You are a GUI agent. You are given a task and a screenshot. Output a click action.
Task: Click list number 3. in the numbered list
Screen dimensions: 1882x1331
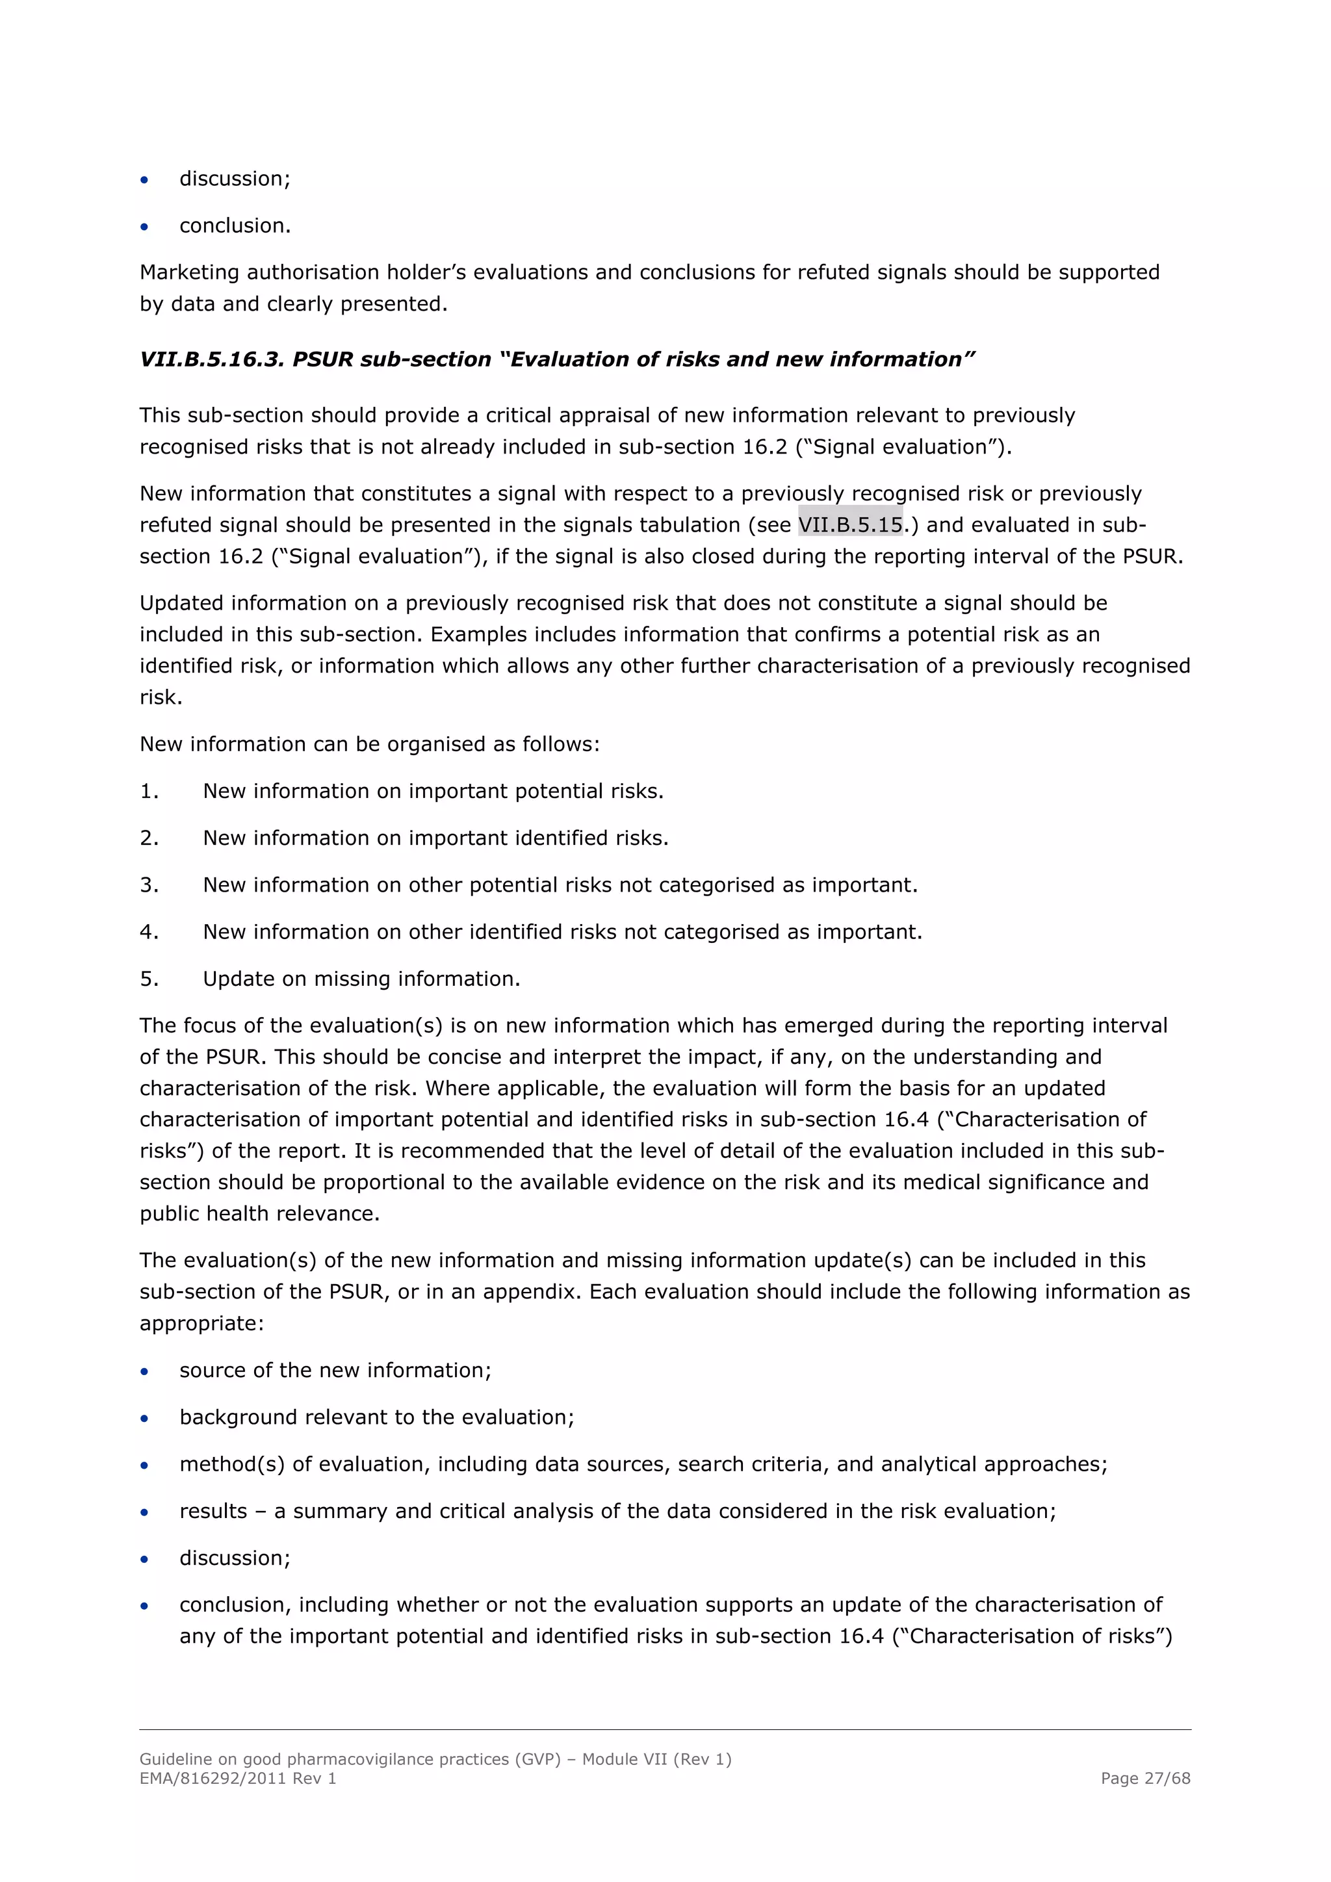coord(149,885)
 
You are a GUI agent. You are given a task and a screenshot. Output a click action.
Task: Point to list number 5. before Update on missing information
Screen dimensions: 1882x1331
coord(149,979)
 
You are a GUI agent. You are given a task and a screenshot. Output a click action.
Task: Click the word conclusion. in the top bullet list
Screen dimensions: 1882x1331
coord(235,226)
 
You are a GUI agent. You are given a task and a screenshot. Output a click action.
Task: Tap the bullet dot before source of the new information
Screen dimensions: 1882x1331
coord(144,1371)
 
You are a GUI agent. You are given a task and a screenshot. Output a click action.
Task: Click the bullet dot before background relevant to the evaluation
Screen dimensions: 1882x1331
coord(144,1418)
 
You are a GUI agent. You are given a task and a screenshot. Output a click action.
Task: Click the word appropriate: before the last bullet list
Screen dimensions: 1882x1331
coord(201,1323)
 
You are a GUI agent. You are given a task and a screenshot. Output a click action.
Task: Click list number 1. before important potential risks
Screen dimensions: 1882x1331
coord(149,791)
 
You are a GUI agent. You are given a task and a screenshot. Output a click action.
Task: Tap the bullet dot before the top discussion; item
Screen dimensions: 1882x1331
coord(144,179)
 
